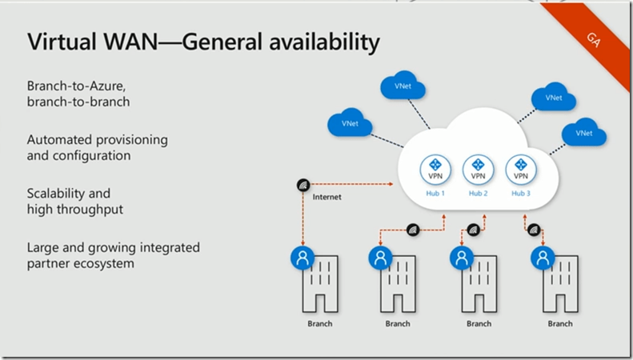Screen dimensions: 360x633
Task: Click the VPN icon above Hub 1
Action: [435, 170]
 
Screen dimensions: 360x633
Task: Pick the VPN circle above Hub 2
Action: [478, 170]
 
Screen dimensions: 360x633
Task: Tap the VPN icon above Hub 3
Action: [521, 170]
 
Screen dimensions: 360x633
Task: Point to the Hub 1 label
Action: [435, 194]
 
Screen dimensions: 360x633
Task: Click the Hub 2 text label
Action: [478, 194]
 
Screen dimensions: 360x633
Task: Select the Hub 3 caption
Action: [521, 194]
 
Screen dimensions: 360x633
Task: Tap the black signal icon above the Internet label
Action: [302, 184]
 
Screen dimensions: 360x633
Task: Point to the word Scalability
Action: [56, 194]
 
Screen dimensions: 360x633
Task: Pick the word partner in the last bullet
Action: [49, 263]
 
